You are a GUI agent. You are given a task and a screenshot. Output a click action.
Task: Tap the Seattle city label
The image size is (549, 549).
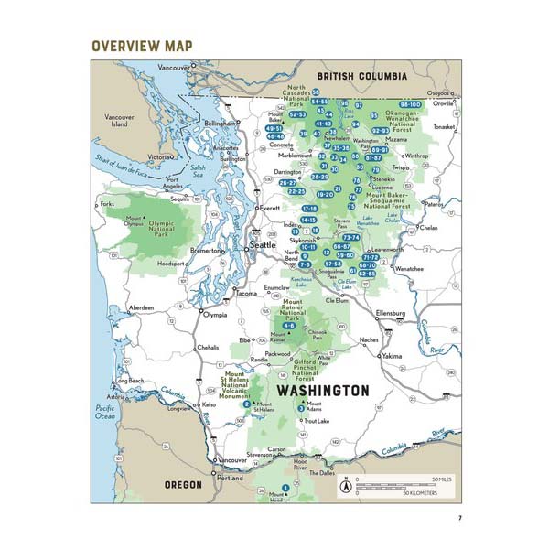click(x=263, y=245)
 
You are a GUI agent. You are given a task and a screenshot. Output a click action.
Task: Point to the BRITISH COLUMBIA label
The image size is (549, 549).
click(x=361, y=78)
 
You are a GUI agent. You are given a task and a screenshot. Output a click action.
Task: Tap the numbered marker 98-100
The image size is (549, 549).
click(x=409, y=105)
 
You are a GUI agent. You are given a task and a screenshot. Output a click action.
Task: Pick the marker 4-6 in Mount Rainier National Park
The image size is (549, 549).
click(x=289, y=326)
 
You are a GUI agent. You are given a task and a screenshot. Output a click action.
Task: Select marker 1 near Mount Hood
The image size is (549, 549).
click(x=285, y=487)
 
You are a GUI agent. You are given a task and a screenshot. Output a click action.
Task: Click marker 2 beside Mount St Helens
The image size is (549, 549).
click(x=247, y=404)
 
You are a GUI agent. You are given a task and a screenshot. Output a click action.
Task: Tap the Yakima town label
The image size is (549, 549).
click(x=392, y=355)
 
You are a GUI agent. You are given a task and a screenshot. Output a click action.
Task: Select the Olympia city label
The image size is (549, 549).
click(x=214, y=315)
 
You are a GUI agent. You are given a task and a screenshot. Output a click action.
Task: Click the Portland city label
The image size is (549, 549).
click(x=231, y=478)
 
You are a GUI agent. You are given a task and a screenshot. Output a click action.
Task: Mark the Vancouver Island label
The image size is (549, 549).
click(x=119, y=121)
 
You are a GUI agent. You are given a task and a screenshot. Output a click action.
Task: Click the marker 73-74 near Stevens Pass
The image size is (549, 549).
click(x=351, y=237)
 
